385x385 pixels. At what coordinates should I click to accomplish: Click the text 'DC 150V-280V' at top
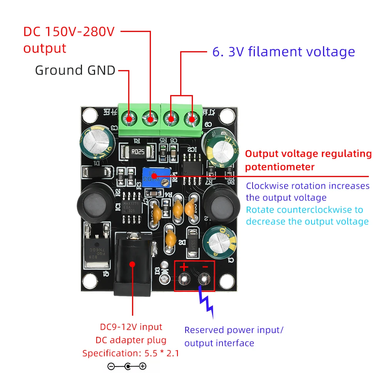click(69, 32)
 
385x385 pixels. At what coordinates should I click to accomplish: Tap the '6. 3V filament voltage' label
click(283, 52)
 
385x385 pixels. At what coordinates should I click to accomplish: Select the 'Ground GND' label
click(75, 70)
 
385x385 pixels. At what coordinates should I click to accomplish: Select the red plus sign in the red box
click(184, 266)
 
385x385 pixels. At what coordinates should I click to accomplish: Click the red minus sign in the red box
click(205, 266)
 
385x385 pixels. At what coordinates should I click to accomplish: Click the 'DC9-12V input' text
click(131, 327)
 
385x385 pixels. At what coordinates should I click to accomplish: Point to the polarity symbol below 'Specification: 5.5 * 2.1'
click(127, 367)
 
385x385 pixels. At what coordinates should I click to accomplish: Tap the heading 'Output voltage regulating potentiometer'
click(308, 160)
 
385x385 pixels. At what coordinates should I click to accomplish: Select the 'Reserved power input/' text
click(234, 330)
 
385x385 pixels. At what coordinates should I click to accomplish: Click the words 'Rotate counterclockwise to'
click(304, 210)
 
